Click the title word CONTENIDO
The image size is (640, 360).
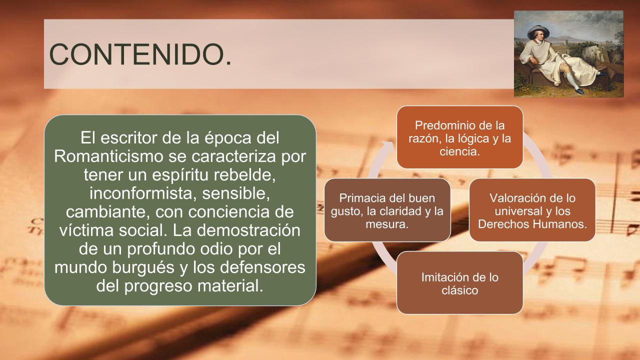[140, 54]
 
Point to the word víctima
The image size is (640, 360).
[86, 230]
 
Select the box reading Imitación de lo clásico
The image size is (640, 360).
[459, 283]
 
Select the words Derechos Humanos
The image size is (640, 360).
[532, 224]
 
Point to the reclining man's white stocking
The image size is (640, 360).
[572, 79]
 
